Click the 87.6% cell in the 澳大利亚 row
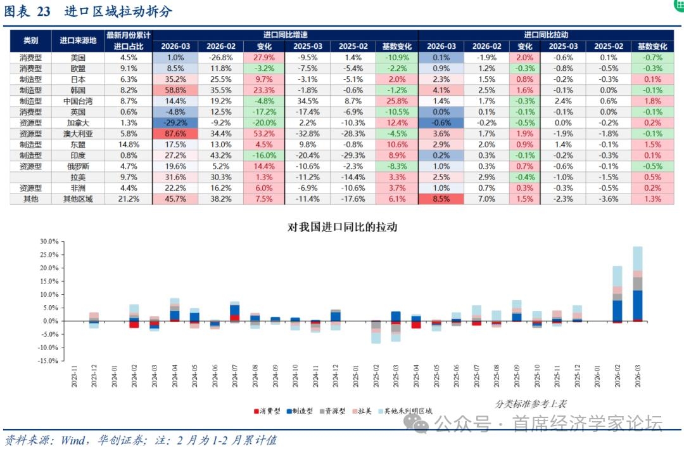[x=175, y=133]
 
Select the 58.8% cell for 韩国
[x=175, y=90]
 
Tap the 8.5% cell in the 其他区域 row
[x=441, y=199]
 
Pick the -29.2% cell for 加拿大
[x=175, y=122]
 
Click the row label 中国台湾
[x=78, y=101]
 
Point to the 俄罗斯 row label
[x=78, y=166]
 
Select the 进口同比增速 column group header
[x=285, y=35]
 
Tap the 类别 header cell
[x=30, y=41]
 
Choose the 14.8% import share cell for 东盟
[x=129, y=144]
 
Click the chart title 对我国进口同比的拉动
[x=342, y=226]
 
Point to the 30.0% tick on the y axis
[x=49, y=242]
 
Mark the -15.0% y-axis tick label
[x=48, y=361]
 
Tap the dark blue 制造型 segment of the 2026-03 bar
[x=638, y=305]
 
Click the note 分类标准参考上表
[x=531, y=403]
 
